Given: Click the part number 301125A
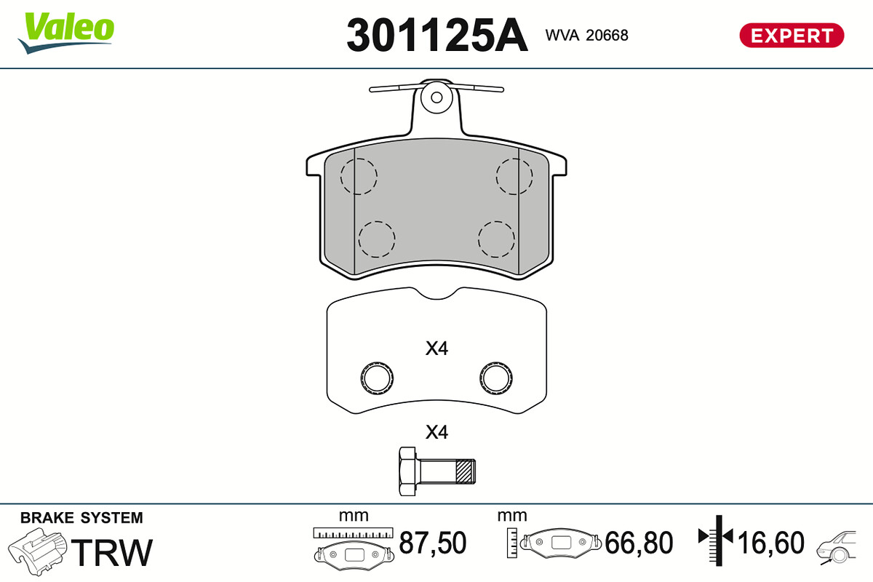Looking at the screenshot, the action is coord(437,35).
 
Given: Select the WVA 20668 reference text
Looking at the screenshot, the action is coord(586,36).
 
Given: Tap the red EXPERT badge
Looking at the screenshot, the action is coord(792,36).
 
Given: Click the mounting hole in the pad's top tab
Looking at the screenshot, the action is coord(436,97).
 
